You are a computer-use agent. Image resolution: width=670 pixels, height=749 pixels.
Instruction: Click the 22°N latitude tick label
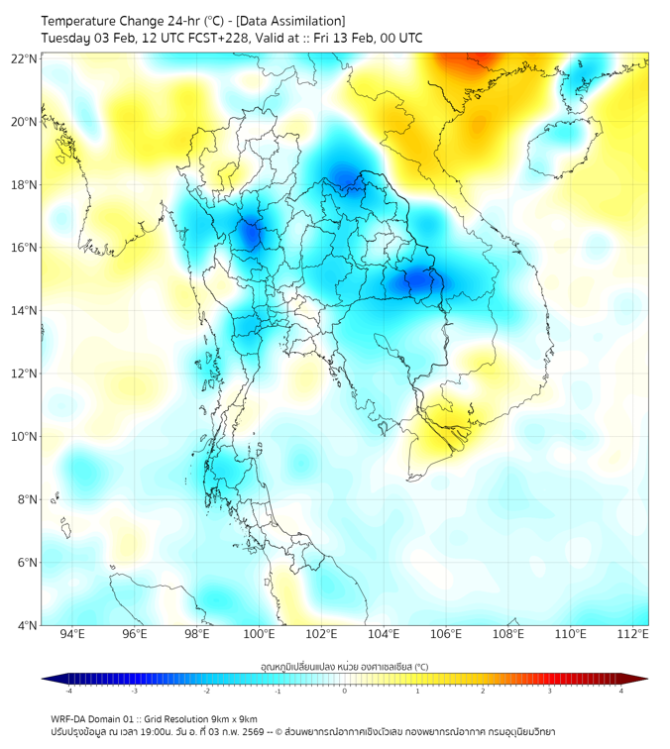tap(25, 58)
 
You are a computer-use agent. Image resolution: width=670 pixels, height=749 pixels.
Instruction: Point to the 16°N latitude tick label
tap(25, 248)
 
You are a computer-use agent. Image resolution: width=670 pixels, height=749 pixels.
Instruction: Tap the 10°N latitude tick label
tap(25, 437)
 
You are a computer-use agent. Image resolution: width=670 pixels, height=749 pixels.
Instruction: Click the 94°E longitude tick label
tap(72, 635)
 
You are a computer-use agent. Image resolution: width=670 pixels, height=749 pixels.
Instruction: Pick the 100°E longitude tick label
tap(260, 635)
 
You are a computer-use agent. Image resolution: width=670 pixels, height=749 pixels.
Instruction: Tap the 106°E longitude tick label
tap(446, 635)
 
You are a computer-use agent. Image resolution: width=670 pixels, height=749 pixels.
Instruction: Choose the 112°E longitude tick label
tap(633, 635)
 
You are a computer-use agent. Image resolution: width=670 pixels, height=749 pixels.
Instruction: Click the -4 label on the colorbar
tap(68, 691)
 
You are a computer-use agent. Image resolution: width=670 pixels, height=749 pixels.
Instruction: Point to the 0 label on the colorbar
tap(345, 691)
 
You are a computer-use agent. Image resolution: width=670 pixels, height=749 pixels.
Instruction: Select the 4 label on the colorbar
tap(621, 691)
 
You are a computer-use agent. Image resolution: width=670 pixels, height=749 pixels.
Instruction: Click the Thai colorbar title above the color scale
tap(344, 666)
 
